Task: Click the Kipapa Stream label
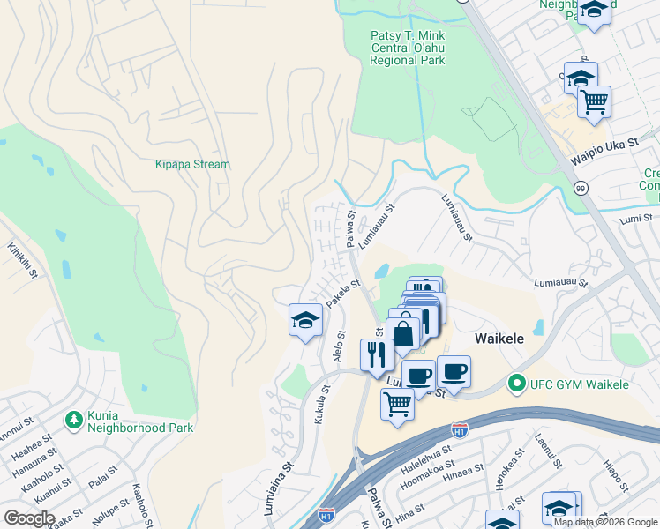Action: click(x=192, y=164)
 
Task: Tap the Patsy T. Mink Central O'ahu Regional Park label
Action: click(x=407, y=48)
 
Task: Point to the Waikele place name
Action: click(x=501, y=339)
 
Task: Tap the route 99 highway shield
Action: click(x=580, y=188)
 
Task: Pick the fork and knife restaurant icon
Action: click(x=377, y=354)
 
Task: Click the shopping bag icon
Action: click(x=403, y=334)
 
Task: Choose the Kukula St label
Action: click(x=322, y=404)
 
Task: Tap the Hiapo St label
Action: click(x=614, y=473)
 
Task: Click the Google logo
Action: click(x=28, y=518)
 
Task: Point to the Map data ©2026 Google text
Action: click(x=605, y=522)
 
